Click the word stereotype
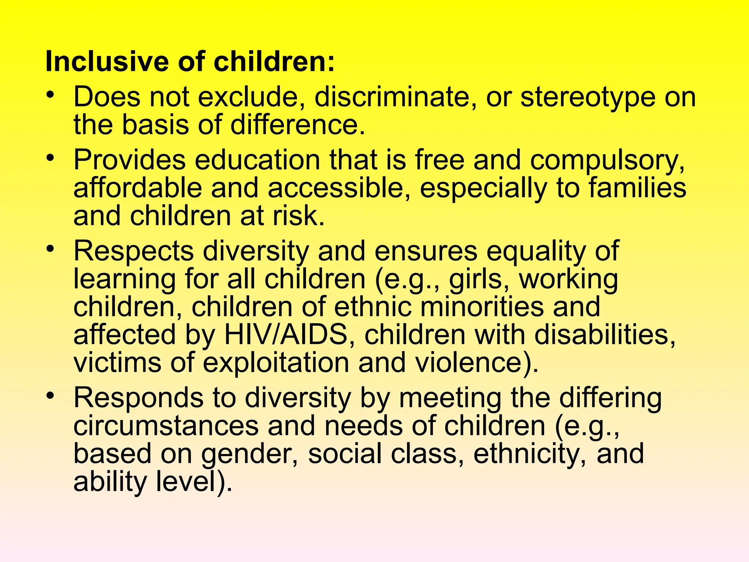point(588,98)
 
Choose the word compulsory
point(607,161)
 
